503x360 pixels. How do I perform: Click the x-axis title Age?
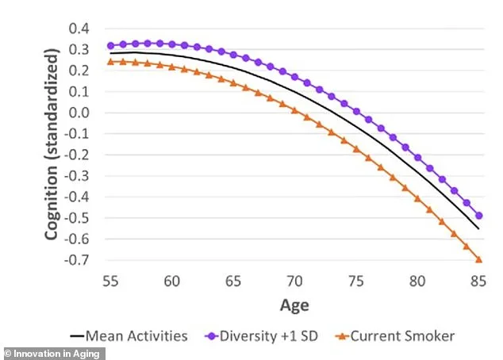tap(294, 304)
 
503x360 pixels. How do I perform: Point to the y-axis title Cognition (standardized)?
tap(53, 144)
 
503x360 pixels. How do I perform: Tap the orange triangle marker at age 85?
tap(478, 259)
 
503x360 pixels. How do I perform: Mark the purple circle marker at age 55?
tap(111, 45)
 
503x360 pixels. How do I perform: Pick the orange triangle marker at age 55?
tap(111, 61)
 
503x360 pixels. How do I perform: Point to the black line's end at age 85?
tap(478, 229)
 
